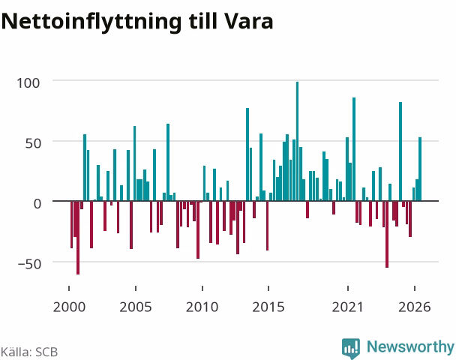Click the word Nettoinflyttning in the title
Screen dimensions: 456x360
91,22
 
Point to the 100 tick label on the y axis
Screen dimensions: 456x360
28,83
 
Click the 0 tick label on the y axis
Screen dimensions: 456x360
37,204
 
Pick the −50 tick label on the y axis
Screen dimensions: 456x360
29,264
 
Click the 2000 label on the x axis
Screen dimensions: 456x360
69,307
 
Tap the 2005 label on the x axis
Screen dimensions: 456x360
136,307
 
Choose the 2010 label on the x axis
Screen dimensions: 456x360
202,307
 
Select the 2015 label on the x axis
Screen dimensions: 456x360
268,307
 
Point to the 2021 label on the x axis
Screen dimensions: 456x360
348,307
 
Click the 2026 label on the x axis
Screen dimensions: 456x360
415,307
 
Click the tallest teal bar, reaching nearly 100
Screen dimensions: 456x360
297,141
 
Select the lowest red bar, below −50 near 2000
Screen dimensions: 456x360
78,238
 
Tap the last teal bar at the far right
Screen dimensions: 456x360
420,169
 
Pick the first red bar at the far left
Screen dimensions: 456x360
71,224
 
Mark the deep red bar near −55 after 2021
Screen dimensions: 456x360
387,234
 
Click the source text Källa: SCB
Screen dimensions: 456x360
29,352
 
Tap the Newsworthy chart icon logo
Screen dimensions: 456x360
351,348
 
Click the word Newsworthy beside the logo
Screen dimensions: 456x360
410,347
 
